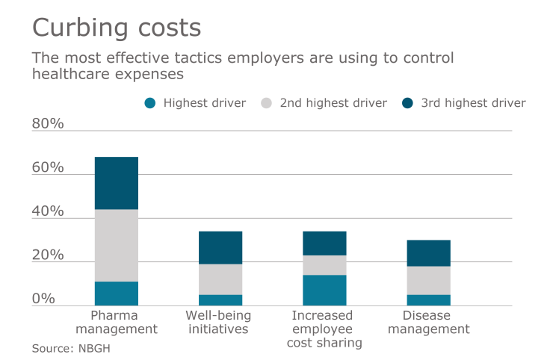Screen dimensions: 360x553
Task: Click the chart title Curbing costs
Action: coord(116,28)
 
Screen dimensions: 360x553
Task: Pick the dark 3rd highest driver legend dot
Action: coord(408,103)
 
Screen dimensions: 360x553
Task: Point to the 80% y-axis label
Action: coord(48,124)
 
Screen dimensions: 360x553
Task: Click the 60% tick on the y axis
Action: coord(48,168)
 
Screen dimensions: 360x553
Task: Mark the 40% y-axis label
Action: coord(48,212)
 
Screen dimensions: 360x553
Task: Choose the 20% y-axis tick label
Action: coord(48,255)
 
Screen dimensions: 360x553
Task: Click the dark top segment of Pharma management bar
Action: coord(117,183)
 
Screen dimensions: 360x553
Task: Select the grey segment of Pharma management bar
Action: coord(117,245)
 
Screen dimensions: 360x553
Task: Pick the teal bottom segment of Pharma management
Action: coord(117,294)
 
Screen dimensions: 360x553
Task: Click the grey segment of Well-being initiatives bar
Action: coord(220,279)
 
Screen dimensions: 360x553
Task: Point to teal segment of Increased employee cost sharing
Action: coord(324,291)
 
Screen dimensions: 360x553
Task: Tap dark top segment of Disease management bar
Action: coord(428,253)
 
